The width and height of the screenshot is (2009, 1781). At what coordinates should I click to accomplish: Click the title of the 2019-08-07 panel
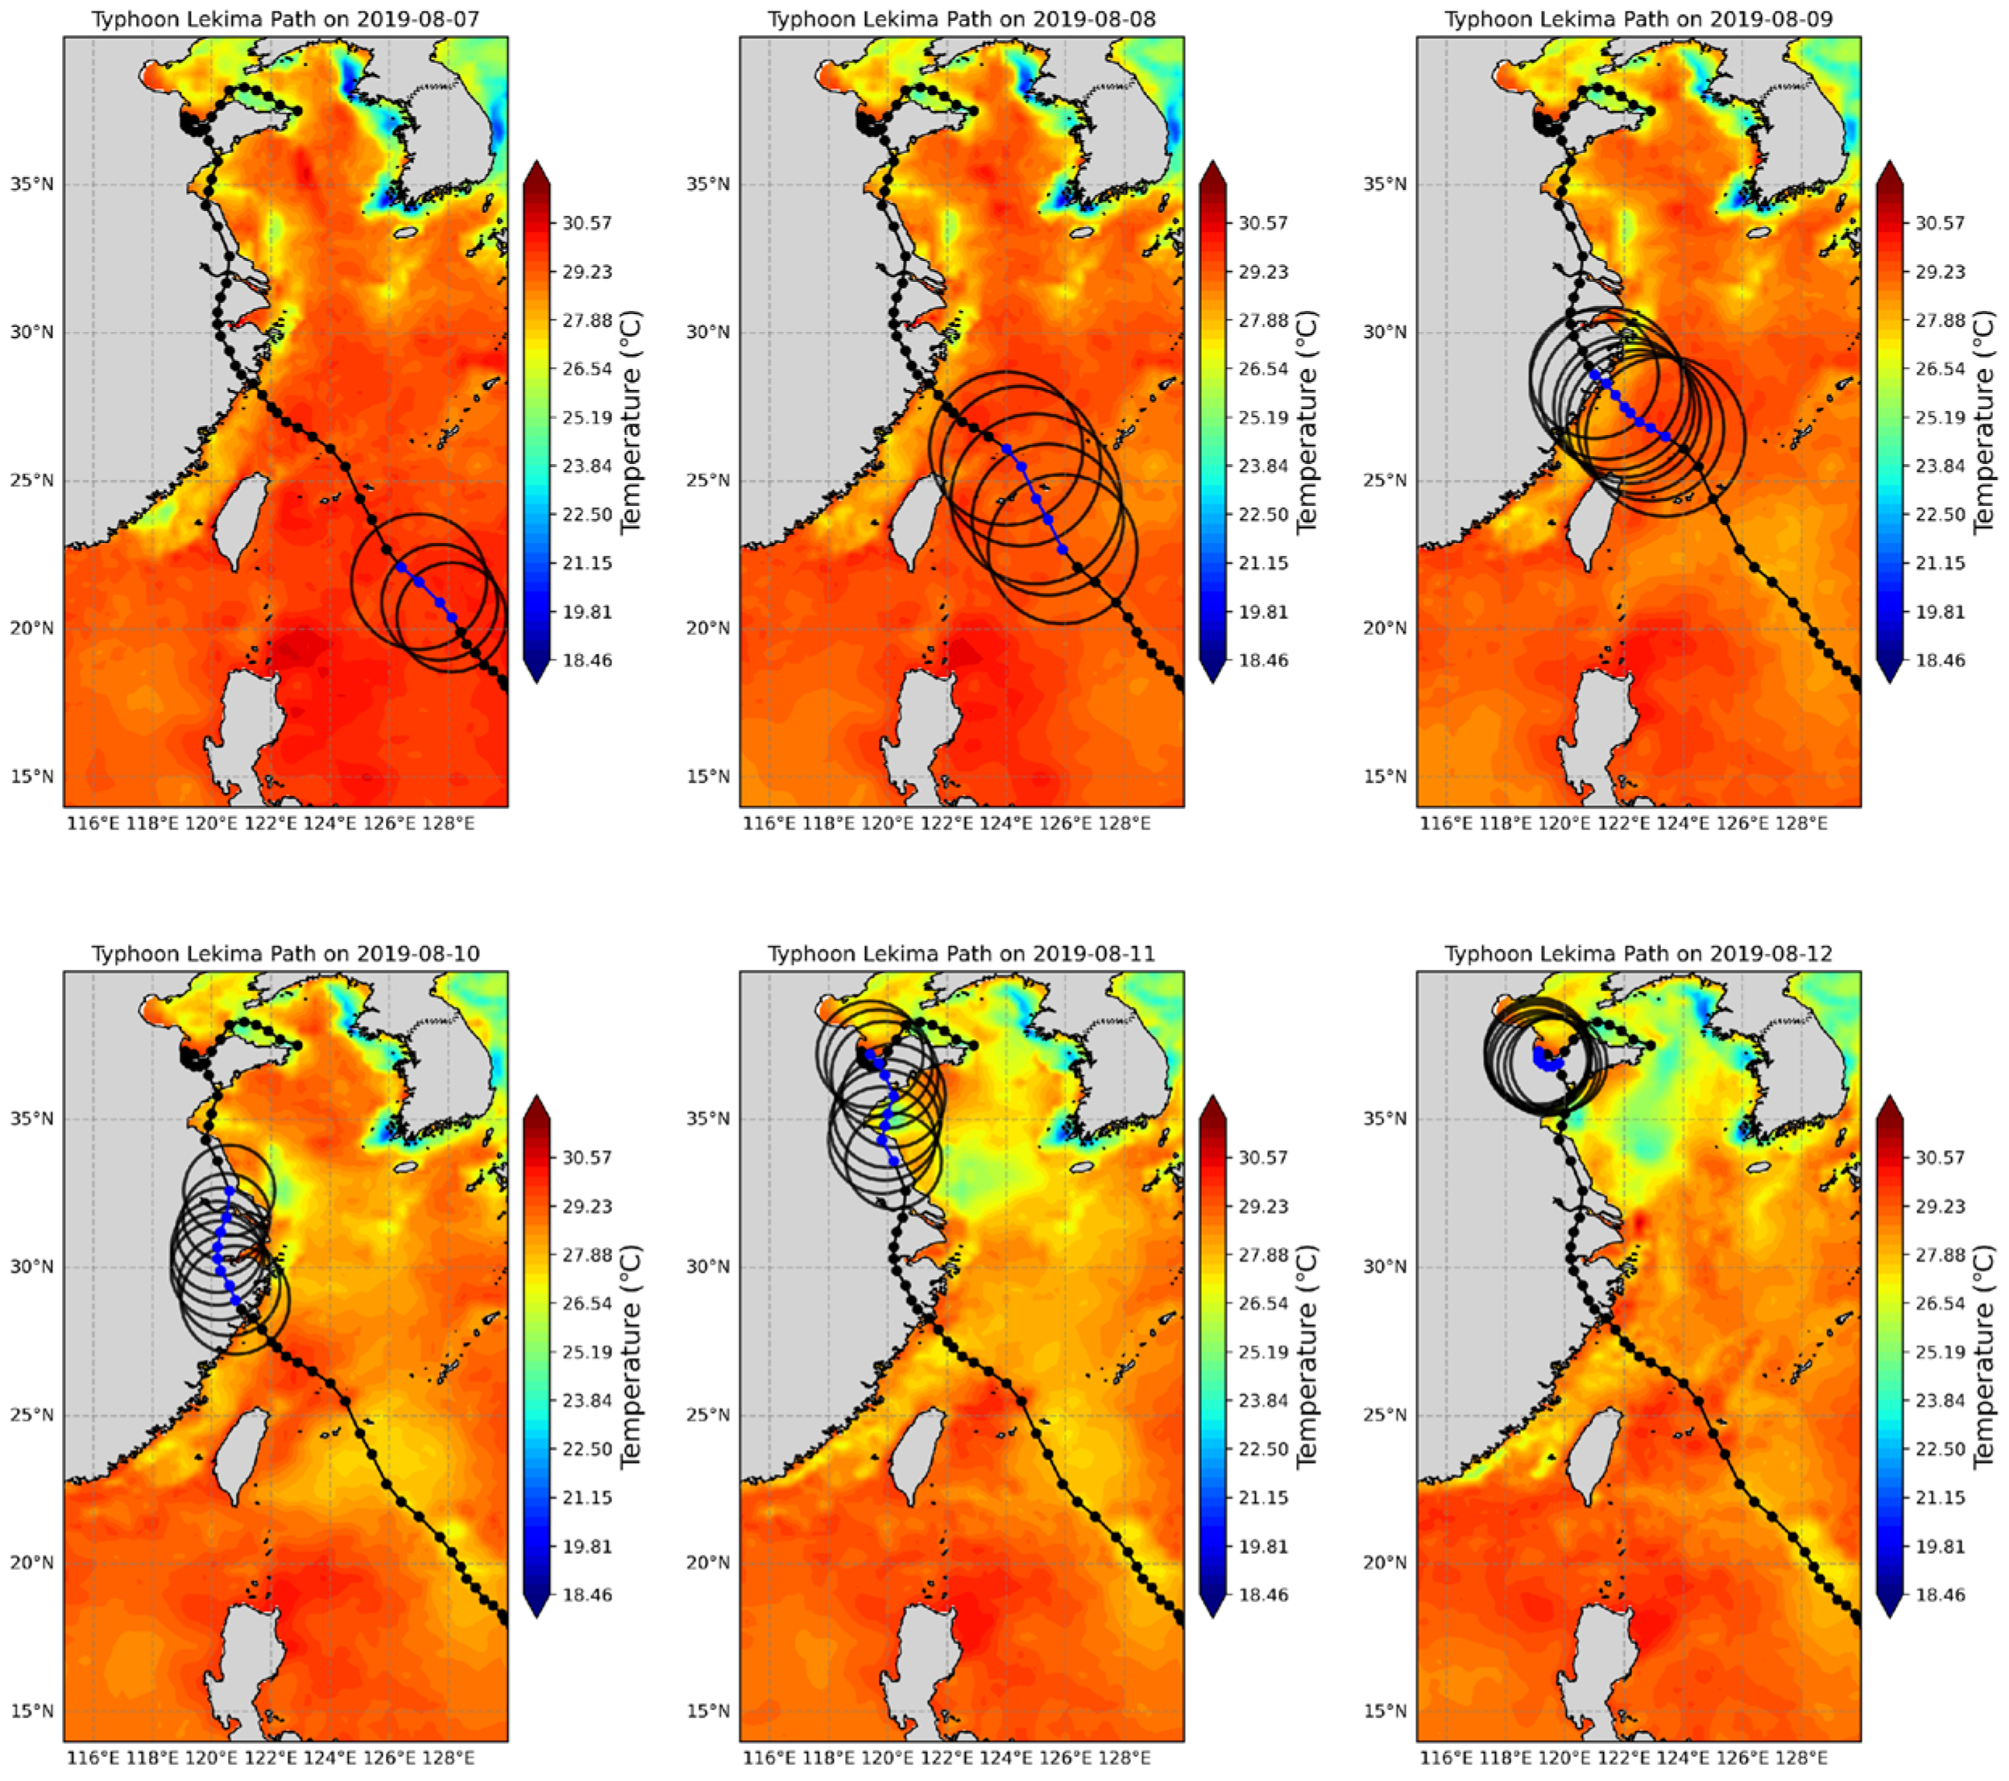pyautogui.click(x=286, y=19)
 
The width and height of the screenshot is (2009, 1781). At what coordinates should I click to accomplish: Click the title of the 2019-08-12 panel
pyautogui.click(x=1638, y=954)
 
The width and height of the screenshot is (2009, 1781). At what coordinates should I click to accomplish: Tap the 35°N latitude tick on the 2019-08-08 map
pyautogui.click(x=709, y=184)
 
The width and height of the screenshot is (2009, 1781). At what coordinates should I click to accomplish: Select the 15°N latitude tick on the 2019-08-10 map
pyautogui.click(x=32, y=1710)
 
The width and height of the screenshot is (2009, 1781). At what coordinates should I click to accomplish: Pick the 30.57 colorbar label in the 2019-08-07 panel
pyautogui.click(x=586, y=223)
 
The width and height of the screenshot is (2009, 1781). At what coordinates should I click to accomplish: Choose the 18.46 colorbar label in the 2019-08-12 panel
pyautogui.click(x=1941, y=1594)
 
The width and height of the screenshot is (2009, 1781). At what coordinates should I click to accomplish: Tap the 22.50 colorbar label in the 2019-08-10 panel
pyautogui.click(x=586, y=1449)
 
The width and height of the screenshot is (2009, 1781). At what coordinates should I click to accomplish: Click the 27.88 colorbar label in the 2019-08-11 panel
pyautogui.click(x=1263, y=1254)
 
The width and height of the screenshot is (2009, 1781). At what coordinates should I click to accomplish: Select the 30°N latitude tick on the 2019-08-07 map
pyautogui.click(x=32, y=332)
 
